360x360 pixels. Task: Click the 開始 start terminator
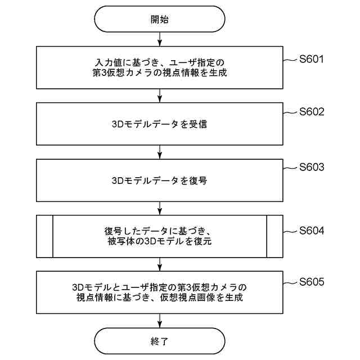point(160,19)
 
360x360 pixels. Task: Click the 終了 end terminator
point(160,341)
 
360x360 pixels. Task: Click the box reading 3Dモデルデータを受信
point(160,124)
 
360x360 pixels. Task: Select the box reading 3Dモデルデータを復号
point(160,181)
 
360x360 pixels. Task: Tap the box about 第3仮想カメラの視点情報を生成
point(160,67)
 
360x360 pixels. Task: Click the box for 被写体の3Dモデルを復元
point(160,236)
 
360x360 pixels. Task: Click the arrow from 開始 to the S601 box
point(160,39)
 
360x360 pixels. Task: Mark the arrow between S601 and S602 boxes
point(160,95)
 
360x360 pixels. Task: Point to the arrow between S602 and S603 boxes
point(160,152)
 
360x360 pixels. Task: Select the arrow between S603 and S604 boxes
point(160,208)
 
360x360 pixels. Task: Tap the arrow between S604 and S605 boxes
point(160,264)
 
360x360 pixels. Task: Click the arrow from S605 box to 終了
point(160,319)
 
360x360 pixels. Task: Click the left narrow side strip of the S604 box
point(45,236)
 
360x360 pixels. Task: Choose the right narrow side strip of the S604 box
point(274,236)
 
